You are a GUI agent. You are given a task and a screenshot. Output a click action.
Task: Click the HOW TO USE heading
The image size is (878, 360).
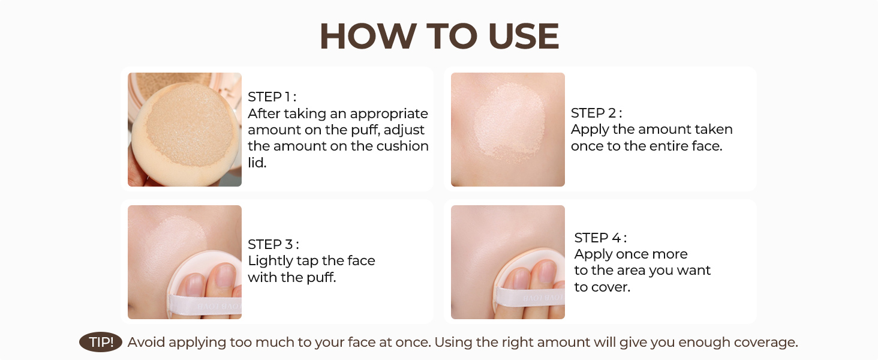(x=440, y=37)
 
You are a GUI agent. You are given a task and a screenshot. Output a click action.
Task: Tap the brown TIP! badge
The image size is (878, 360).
(x=101, y=343)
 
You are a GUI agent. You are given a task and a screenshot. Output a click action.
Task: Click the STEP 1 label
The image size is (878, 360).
(x=272, y=97)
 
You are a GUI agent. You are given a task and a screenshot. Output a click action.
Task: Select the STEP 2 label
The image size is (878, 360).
(x=596, y=113)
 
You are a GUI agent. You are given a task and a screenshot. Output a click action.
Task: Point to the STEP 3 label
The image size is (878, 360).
(x=273, y=244)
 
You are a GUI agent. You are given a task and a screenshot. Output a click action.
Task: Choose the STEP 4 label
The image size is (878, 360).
(x=600, y=238)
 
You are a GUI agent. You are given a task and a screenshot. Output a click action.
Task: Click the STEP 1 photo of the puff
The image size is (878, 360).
(x=185, y=130)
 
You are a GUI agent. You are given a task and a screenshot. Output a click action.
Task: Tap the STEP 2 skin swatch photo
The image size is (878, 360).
(x=508, y=130)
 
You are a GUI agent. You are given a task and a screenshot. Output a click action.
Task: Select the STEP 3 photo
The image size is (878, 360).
(x=185, y=262)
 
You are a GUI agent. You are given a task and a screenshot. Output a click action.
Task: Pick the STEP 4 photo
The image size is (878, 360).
(x=508, y=262)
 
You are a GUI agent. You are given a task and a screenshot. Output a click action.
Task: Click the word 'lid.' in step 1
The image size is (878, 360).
(x=257, y=163)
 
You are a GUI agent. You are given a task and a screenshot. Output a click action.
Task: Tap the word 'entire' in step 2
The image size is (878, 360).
(x=668, y=146)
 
